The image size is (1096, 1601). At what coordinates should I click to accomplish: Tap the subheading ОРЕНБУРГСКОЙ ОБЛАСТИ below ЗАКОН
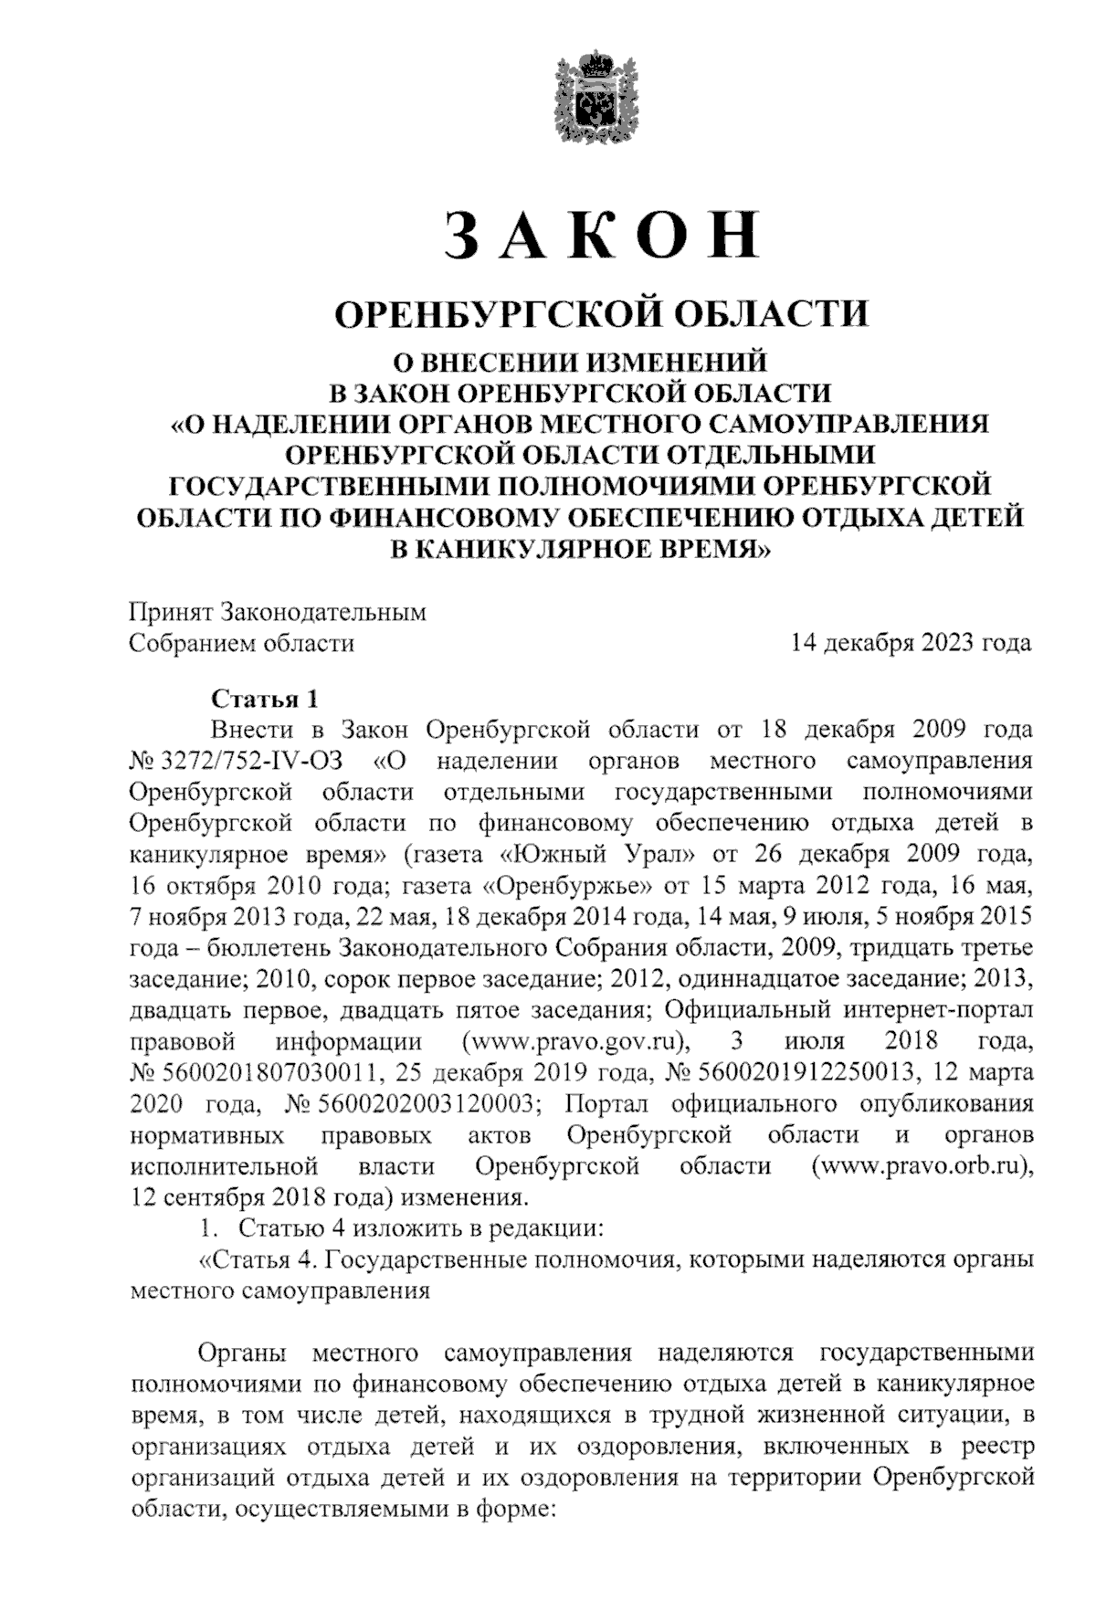[x=602, y=314]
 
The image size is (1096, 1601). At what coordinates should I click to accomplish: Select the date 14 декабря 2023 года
[x=911, y=643]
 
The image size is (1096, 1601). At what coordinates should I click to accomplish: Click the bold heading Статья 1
[x=265, y=700]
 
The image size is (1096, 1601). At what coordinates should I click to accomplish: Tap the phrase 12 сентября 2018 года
[x=251, y=1197]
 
